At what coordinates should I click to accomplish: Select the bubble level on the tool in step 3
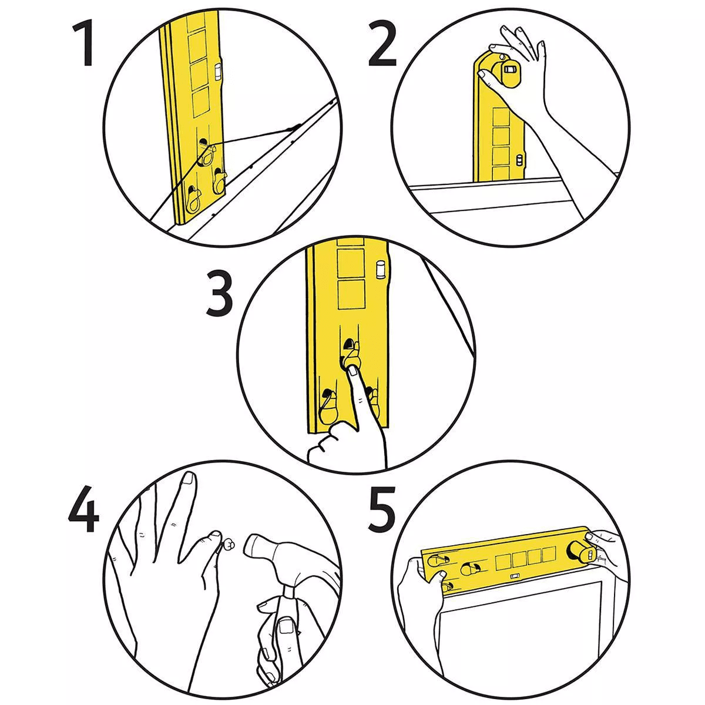click(x=381, y=270)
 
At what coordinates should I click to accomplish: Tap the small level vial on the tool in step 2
click(x=519, y=160)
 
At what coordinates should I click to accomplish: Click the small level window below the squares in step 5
click(x=514, y=576)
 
